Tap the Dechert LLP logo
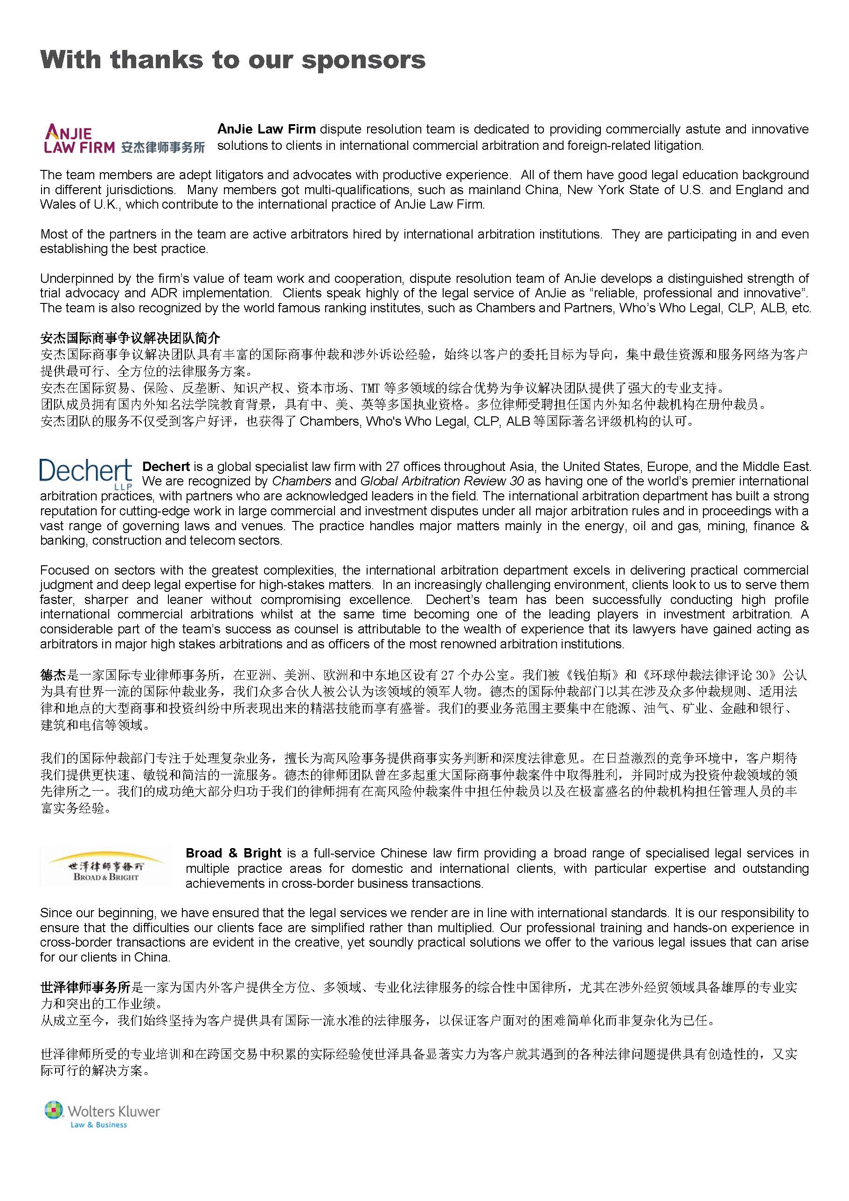86,473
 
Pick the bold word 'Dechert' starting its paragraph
166,467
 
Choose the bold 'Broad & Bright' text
233,853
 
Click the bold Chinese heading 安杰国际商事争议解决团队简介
130,338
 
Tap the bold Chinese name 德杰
53,675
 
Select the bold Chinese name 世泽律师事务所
85,987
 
